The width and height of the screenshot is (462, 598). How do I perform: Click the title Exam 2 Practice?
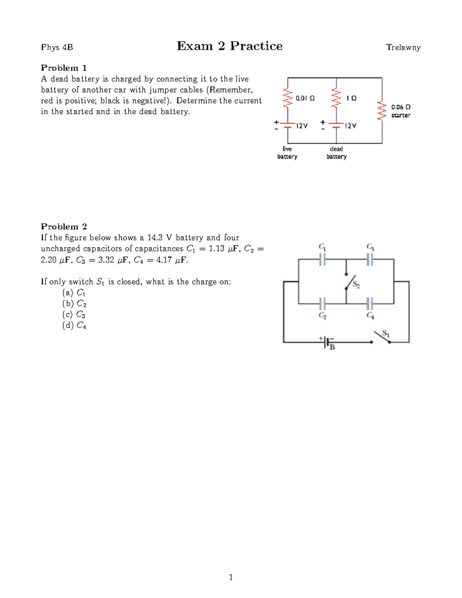pyautogui.click(x=229, y=46)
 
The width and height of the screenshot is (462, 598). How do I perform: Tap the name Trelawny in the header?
pyautogui.click(x=403, y=47)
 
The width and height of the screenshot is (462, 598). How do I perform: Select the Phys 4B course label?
pyautogui.click(x=57, y=47)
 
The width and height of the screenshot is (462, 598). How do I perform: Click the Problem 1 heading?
pyautogui.click(x=64, y=68)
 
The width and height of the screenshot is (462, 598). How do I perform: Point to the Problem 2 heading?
pyautogui.click(x=64, y=226)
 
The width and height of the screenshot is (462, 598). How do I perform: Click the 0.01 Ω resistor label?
pyautogui.click(x=305, y=98)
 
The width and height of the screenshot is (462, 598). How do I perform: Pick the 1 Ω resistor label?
pyautogui.click(x=351, y=98)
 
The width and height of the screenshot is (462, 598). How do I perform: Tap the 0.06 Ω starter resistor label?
pyautogui.click(x=401, y=107)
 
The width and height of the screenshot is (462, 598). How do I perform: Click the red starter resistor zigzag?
pyautogui.click(x=382, y=111)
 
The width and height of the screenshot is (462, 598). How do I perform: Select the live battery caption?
pyautogui.click(x=287, y=152)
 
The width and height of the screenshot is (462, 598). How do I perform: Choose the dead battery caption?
pyautogui.click(x=336, y=152)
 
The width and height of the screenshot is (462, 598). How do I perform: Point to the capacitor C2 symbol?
pyautogui.click(x=322, y=304)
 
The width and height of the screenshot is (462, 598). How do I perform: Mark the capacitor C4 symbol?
pyautogui.click(x=370, y=304)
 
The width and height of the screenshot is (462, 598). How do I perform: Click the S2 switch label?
pyautogui.click(x=356, y=285)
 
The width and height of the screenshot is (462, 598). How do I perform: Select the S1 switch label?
pyautogui.click(x=386, y=333)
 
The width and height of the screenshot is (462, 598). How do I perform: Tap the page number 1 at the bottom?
pyautogui.click(x=231, y=577)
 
